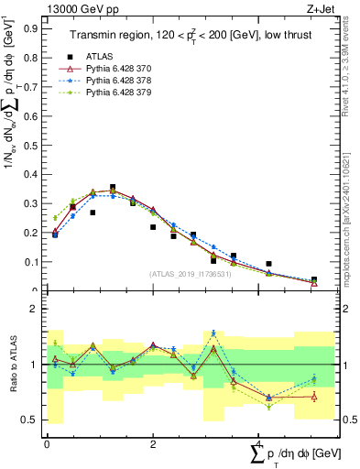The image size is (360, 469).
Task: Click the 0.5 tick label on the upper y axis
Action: click(32, 145)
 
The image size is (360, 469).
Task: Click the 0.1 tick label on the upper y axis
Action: click(32, 262)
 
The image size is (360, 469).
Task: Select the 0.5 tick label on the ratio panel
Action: click(32, 420)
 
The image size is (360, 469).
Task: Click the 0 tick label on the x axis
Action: click(47, 444)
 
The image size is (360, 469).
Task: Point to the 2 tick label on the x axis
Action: click(152, 444)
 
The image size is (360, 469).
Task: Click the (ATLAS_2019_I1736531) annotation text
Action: click(189, 273)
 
